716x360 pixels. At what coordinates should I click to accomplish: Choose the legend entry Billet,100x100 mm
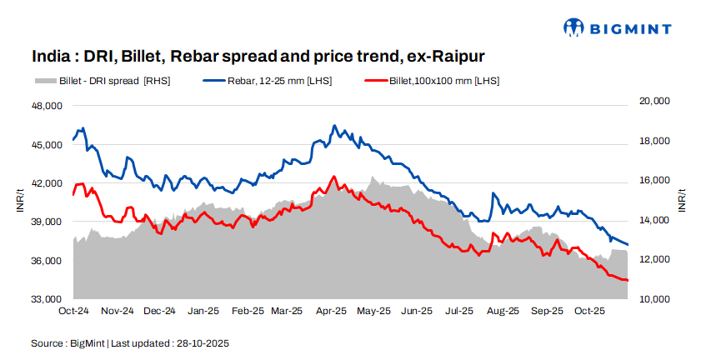click(x=433, y=81)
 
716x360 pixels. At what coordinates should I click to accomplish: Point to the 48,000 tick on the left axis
click(x=47, y=107)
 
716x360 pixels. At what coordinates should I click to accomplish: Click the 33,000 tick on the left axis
click(x=47, y=299)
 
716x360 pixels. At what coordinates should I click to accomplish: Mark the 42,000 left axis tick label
click(x=47, y=183)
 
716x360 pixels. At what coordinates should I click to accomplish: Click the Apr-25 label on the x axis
click(x=331, y=311)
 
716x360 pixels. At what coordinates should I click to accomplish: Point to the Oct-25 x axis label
click(x=588, y=311)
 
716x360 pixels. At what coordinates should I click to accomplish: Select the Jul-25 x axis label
click(x=459, y=311)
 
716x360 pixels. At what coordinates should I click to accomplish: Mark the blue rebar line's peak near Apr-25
click(x=334, y=126)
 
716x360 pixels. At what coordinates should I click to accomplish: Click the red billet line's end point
click(x=628, y=280)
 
